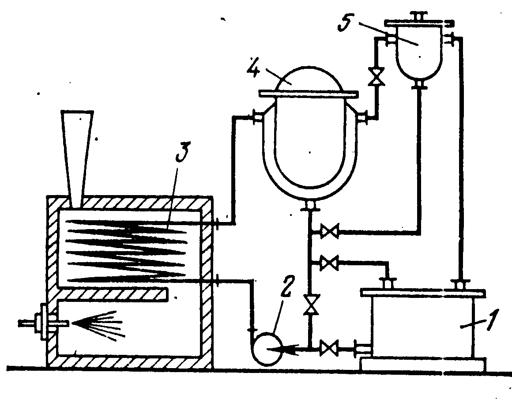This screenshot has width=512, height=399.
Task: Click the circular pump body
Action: click(x=266, y=349)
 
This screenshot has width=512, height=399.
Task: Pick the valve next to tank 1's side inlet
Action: click(x=328, y=349)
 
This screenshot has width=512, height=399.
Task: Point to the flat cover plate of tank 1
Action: click(x=423, y=293)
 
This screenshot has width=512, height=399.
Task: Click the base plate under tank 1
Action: click(x=423, y=365)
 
